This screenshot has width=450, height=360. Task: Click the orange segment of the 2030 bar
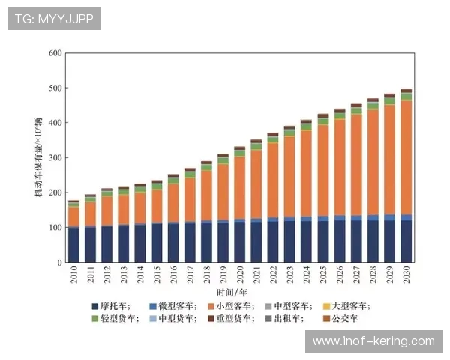pos(406,157)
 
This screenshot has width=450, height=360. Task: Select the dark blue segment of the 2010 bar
pos(73,245)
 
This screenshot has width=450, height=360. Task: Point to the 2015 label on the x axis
pos(157,274)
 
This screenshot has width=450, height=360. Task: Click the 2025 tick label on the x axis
pos(323,274)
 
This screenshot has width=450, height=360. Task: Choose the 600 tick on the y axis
pos(55,53)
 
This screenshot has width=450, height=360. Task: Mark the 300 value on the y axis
pos(55,158)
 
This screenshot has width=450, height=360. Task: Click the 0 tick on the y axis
pos(59,262)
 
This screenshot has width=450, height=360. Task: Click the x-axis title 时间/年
pos(232,292)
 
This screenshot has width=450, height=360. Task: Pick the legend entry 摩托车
pos(111,306)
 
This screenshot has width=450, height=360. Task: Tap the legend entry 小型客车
pos(231,306)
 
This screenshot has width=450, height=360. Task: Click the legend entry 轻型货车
pos(115,318)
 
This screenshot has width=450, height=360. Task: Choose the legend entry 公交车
pos(340,318)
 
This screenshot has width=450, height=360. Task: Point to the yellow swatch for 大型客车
pos(326,306)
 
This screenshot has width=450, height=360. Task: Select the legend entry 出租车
pos(284,318)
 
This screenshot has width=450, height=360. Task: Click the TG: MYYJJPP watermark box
pos(54,19)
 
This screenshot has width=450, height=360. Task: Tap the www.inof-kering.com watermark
pos(373,341)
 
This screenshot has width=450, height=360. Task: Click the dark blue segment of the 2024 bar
pos(307,241)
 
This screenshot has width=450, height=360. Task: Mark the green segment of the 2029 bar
pos(389,101)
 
